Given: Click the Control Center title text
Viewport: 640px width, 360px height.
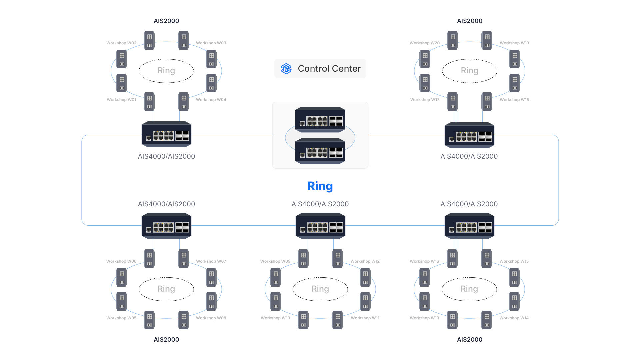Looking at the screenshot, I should [329, 69].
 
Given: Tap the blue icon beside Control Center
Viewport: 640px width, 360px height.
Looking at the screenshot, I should [286, 69].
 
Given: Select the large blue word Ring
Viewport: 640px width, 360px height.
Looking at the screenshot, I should [320, 186].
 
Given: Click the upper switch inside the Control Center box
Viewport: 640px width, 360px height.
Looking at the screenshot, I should [320, 120].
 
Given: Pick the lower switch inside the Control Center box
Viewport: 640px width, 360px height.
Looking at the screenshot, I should [320, 151].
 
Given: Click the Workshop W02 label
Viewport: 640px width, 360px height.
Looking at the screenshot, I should [121, 43].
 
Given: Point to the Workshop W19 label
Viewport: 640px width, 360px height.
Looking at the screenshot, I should [514, 43].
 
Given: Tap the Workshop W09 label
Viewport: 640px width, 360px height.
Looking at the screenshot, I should [275, 261].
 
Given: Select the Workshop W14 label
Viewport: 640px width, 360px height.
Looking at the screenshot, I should [514, 318].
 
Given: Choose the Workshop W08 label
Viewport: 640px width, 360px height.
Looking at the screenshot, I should [211, 318].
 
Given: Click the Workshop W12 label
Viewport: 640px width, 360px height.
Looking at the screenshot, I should [365, 261].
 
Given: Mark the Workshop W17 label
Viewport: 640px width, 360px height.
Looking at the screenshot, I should [425, 100].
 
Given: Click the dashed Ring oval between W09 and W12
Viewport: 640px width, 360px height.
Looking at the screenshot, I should [320, 289].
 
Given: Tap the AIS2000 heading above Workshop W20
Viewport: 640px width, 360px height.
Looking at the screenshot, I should [469, 21].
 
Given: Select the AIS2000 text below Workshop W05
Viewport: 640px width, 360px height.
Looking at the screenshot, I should [166, 340].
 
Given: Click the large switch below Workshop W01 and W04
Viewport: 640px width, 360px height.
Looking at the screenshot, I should [166, 134].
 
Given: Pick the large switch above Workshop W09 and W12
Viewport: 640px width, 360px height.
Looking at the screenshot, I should [320, 226].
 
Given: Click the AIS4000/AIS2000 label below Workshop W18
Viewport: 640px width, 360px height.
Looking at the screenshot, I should [469, 156].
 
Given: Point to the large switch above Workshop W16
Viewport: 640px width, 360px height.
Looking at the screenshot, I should [469, 226].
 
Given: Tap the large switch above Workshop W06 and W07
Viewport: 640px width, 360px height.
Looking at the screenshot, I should [166, 226].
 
